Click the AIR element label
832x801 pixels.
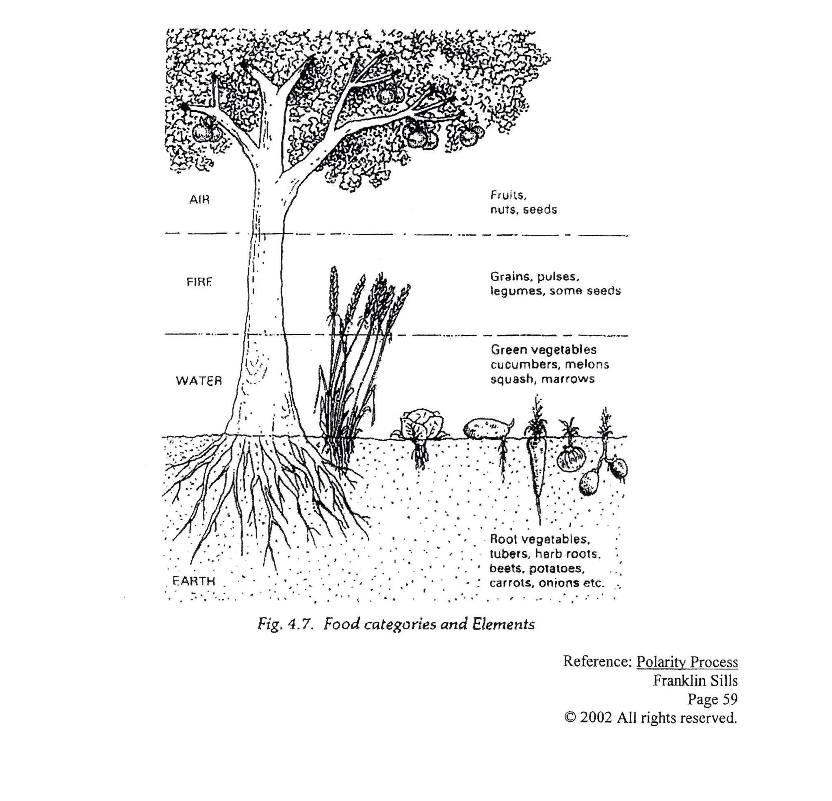(x=199, y=199)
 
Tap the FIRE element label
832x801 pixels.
(x=199, y=282)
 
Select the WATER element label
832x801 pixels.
(x=199, y=381)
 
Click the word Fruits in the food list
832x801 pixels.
(x=508, y=195)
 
